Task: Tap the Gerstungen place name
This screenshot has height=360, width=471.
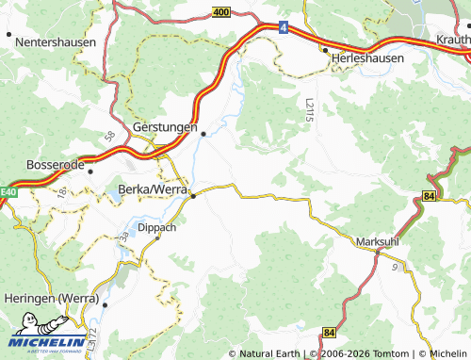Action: [166, 126]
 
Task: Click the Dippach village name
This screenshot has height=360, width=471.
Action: [156, 227]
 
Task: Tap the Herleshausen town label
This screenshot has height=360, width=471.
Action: [366, 57]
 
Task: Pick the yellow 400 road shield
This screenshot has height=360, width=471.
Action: [220, 12]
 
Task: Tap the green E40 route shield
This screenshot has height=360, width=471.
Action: [8, 192]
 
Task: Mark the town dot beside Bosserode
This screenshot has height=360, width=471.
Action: [90, 172]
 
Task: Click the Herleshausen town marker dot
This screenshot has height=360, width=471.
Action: [326, 49]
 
